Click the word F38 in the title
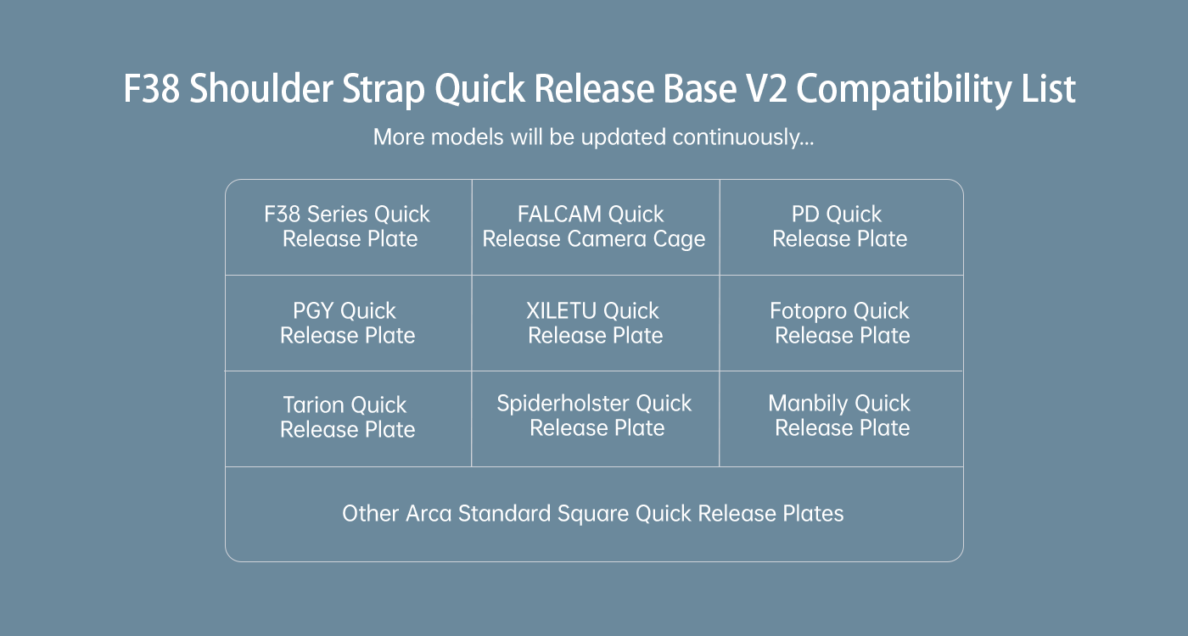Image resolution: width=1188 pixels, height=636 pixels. pos(152,88)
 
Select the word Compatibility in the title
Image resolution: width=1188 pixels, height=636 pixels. pos(904,89)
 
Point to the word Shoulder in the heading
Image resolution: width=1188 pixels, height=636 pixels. pos(261,88)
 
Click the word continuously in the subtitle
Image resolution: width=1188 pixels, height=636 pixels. pos(742,137)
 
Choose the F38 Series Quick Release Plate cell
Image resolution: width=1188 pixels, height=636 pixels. pos(349,227)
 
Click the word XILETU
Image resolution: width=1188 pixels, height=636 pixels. pos(561,310)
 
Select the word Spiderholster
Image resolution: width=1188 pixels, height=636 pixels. pos(563,404)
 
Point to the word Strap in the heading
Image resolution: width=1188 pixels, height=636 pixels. pos(384,89)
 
